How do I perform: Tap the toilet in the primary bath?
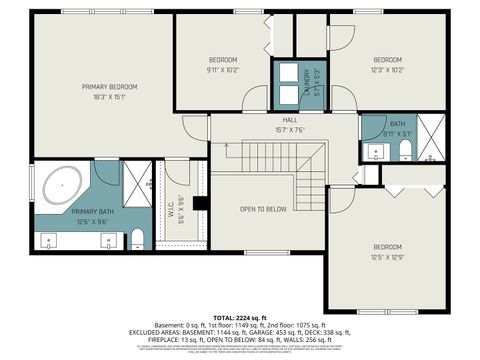pyautogui.click(x=138, y=237)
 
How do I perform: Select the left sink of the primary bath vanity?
pyautogui.click(x=50, y=239)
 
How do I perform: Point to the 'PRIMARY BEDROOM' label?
pyautogui.click(x=109, y=87)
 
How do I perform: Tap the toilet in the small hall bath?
pyautogui.click(x=405, y=149)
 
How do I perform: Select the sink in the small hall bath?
pyautogui.click(x=374, y=152)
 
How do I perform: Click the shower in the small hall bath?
pyautogui.click(x=431, y=138)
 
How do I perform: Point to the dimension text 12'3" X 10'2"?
pyautogui.click(x=387, y=70)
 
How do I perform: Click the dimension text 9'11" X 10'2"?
pyautogui.click(x=222, y=70)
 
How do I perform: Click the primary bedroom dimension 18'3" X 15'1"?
pyautogui.click(x=109, y=98)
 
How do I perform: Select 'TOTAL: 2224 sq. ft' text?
pyautogui.click(x=240, y=315)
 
